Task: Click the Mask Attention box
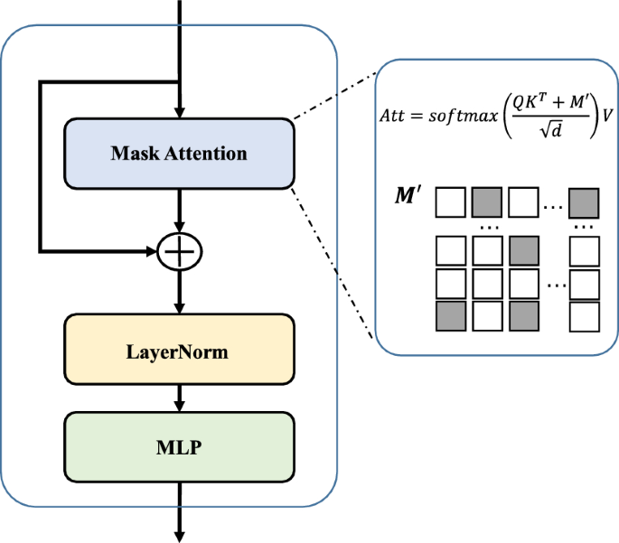coord(179,153)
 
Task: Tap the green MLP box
coord(179,446)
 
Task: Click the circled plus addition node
coord(181,250)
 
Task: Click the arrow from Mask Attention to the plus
coord(181,210)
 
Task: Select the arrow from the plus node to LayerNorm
coord(181,292)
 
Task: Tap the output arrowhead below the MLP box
coord(181,536)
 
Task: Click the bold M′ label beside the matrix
coord(410,195)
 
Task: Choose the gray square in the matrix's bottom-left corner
coord(451,316)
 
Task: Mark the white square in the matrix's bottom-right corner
coord(583,316)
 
